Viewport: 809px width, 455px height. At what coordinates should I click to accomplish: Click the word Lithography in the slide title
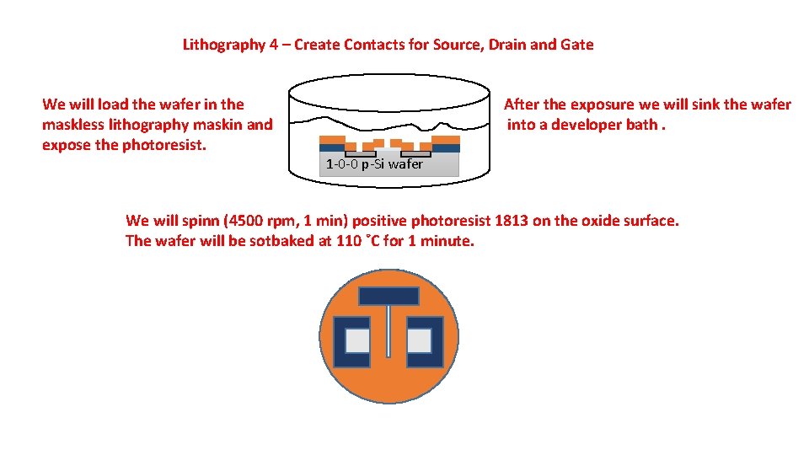coord(223,45)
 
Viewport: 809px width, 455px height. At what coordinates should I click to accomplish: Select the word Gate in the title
coord(577,45)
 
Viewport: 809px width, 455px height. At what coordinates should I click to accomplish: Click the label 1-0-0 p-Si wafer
coord(374,164)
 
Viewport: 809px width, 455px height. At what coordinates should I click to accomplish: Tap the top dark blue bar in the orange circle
coord(388,297)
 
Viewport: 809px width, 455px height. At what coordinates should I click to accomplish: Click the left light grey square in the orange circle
coord(356,340)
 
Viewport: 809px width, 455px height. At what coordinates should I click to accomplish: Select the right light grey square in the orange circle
coord(419,340)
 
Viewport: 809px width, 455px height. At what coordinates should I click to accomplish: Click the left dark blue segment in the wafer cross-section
coord(333,148)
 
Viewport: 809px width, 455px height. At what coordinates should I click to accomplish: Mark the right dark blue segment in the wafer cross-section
coord(447,148)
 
